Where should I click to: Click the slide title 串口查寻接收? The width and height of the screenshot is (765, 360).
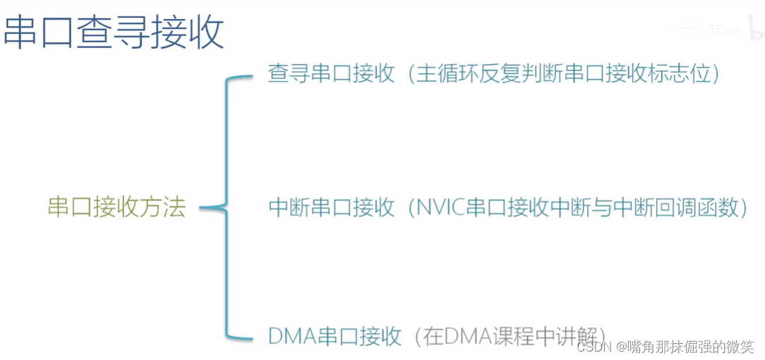(x=114, y=32)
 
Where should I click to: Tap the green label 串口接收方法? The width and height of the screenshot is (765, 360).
(x=116, y=208)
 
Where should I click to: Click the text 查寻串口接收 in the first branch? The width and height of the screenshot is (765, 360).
(x=331, y=74)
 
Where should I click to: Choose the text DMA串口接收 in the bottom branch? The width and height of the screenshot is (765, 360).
(x=335, y=336)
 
